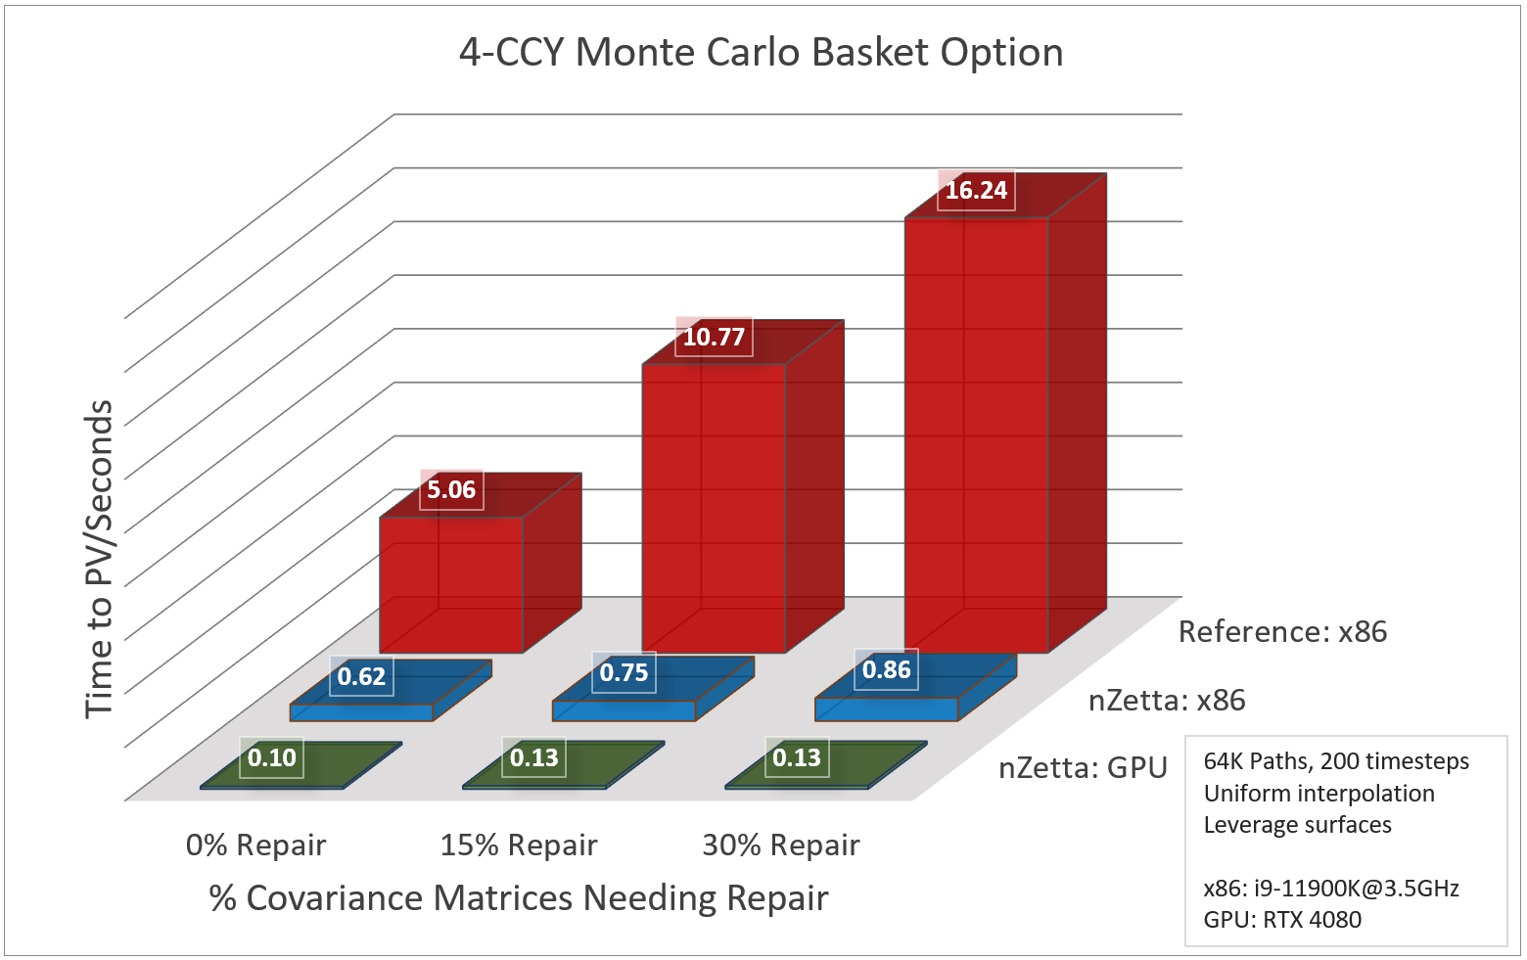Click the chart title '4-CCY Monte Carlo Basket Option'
coord(761,53)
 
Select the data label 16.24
coord(976,190)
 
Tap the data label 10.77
coord(714,337)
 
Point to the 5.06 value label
coord(451,489)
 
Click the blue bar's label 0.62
coord(361,676)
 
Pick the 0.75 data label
coord(624,672)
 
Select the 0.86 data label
coord(886,669)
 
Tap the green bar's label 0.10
coord(271,757)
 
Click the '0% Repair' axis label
coord(255,845)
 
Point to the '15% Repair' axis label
coord(518,845)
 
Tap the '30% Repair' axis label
coord(780,845)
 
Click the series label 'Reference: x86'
coord(1282,632)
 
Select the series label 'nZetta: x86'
coord(1167,701)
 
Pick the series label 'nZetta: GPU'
coord(1083,768)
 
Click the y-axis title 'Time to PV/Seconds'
coord(99,558)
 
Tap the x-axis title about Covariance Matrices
coord(518,898)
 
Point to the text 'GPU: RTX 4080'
coord(1282,920)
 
